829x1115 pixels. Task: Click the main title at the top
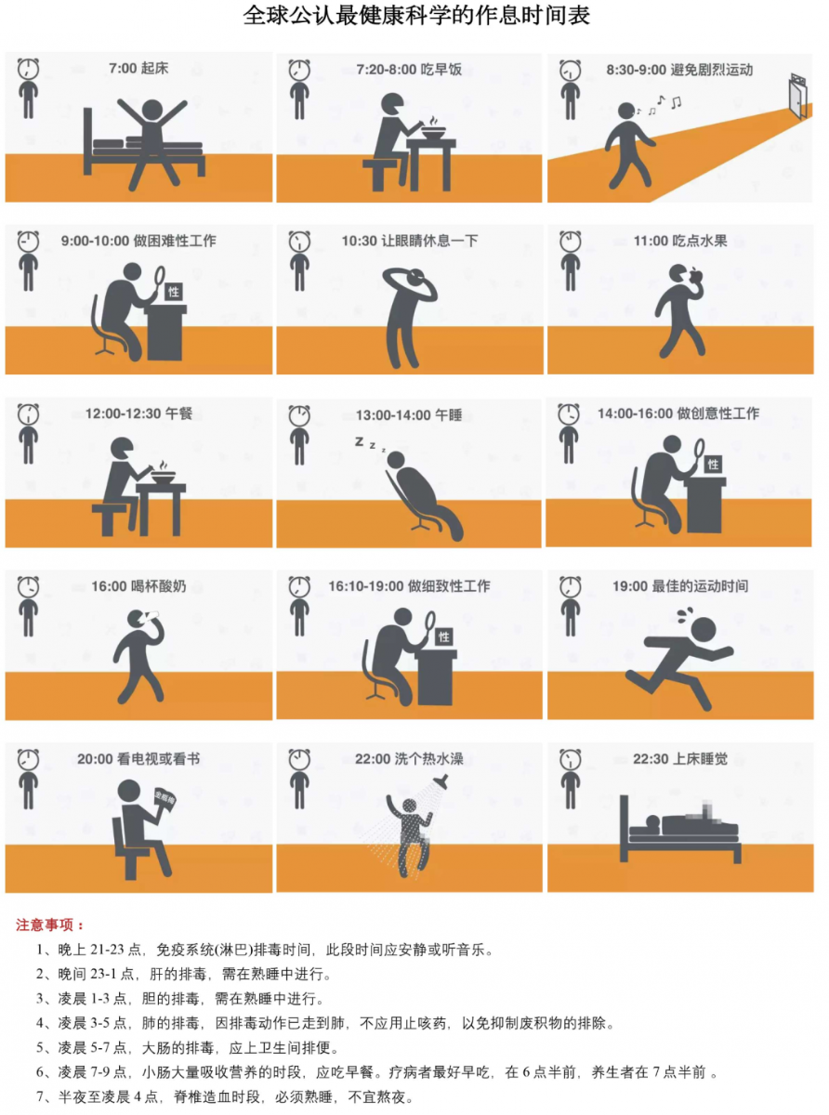(x=416, y=16)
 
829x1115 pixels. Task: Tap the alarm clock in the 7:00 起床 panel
(x=28, y=69)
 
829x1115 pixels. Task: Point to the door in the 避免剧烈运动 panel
(x=798, y=96)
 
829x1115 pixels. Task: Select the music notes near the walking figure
(x=660, y=105)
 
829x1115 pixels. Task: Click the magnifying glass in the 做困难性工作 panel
(x=159, y=280)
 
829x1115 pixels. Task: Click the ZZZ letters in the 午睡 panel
(x=370, y=444)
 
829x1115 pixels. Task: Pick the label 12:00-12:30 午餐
(x=138, y=413)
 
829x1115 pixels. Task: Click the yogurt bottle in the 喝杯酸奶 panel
(x=151, y=616)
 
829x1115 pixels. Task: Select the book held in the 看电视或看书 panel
(x=164, y=800)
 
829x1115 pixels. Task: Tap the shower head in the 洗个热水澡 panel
(x=441, y=780)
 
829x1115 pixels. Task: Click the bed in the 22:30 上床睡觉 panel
(x=680, y=829)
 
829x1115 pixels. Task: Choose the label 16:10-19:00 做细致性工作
(x=409, y=586)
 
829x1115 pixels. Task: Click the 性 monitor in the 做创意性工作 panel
(x=713, y=464)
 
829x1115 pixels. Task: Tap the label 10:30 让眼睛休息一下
(x=410, y=241)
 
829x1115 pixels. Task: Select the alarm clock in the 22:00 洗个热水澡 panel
(x=299, y=759)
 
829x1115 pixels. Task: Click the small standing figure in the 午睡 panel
(x=299, y=446)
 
